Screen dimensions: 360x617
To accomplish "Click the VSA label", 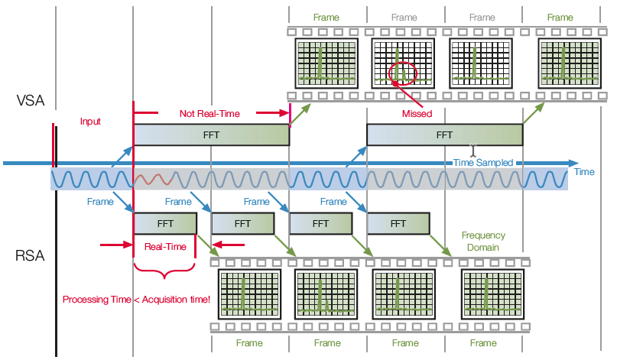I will (31, 99).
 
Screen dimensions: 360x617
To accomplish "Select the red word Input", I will (90, 122).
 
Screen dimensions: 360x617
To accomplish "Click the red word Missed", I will (417, 113).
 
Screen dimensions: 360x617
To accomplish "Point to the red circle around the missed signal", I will (402, 73).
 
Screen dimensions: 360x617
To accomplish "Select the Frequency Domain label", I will (483, 242).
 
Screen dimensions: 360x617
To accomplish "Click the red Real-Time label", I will (165, 247).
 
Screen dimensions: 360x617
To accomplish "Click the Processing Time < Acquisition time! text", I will (136, 299).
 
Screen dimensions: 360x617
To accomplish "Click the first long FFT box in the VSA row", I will (212, 135).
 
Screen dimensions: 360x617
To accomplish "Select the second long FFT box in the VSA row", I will (444, 135).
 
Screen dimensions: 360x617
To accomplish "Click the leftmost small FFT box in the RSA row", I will (165, 224).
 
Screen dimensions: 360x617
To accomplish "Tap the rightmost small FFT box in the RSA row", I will (398, 224).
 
